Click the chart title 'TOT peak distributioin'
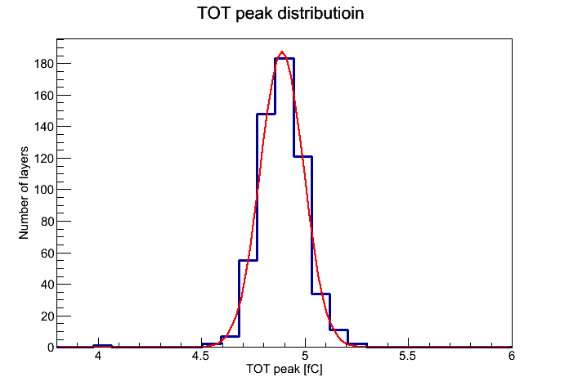tap(280, 13)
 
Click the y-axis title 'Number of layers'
tap(24, 193)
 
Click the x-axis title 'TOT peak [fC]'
tap(284, 369)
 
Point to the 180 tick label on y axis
tap(44, 64)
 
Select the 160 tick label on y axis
tap(44, 96)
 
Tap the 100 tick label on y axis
tap(44, 190)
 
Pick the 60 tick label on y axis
tap(47, 253)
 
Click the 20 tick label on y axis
tap(47, 316)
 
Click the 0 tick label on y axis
tap(51, 348)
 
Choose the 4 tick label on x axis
tap(97, 356)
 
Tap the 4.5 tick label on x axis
tap(200, 356)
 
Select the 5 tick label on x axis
tap(305, 356)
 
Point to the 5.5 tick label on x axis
tap(407, 356)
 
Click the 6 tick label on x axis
tap(511, 356)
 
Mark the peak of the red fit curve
tap(282, 52)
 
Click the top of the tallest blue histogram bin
tap(284, 58)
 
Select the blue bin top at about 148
tap(266, 114)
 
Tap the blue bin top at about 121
tap(303, 156)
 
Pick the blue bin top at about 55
tap(248, 260)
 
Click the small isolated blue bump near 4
tap(102, 346)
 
